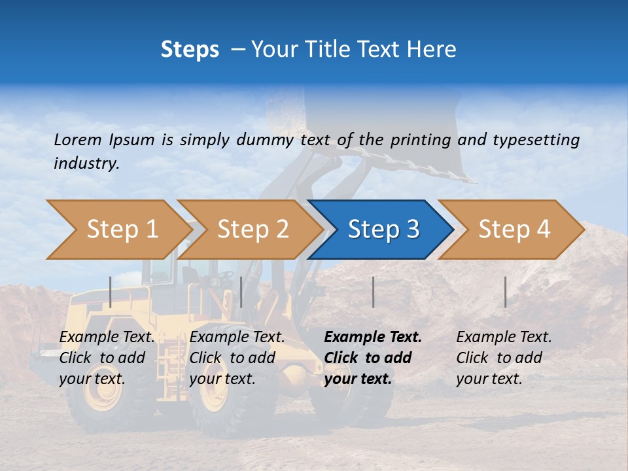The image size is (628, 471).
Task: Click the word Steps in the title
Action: tap(190, 50)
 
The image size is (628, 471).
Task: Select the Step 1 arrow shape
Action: tap(118, 230)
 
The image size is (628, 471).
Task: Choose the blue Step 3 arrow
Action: tap(383, 230)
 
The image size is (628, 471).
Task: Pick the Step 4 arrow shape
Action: tap(514, 230)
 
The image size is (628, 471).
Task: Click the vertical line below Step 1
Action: tap(111, 292)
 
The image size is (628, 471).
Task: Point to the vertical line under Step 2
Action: tap(241, 292)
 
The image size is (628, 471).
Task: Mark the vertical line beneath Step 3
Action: tap(373, 292)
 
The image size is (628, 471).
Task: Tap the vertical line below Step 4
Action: tap(505, 292)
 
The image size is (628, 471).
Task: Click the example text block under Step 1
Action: tap(107, 358)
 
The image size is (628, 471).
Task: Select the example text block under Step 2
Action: tap(237, 358)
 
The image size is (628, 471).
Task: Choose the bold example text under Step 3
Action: tap(373, 358)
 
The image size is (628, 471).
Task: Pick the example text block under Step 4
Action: tap(504, 358)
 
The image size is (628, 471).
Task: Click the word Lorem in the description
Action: tap(78, 139)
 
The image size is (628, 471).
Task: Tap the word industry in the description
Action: tap(86, 164)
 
